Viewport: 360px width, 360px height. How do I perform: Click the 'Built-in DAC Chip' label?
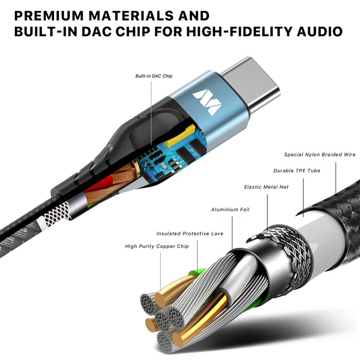point(154,76)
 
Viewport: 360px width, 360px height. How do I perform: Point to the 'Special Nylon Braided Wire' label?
point(319,155)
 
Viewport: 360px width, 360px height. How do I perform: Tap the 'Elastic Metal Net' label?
point(266,187)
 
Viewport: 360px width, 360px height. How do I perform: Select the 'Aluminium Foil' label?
point(230,210)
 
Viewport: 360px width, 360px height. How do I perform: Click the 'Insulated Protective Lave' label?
point(189,234)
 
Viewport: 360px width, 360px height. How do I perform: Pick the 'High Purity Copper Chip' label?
point(157,246)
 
